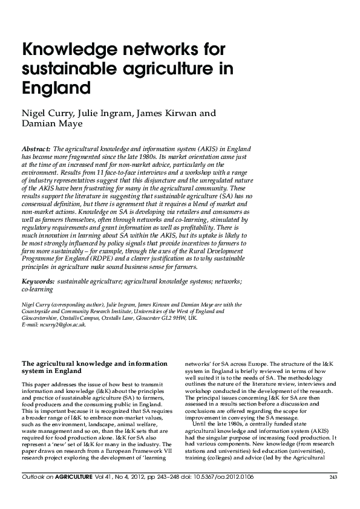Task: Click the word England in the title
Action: [x=56, y=88]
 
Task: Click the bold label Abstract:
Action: [x=36, y=149]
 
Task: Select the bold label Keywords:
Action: [x=38, y=282]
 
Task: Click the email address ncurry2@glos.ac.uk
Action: [x=62, y=325]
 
